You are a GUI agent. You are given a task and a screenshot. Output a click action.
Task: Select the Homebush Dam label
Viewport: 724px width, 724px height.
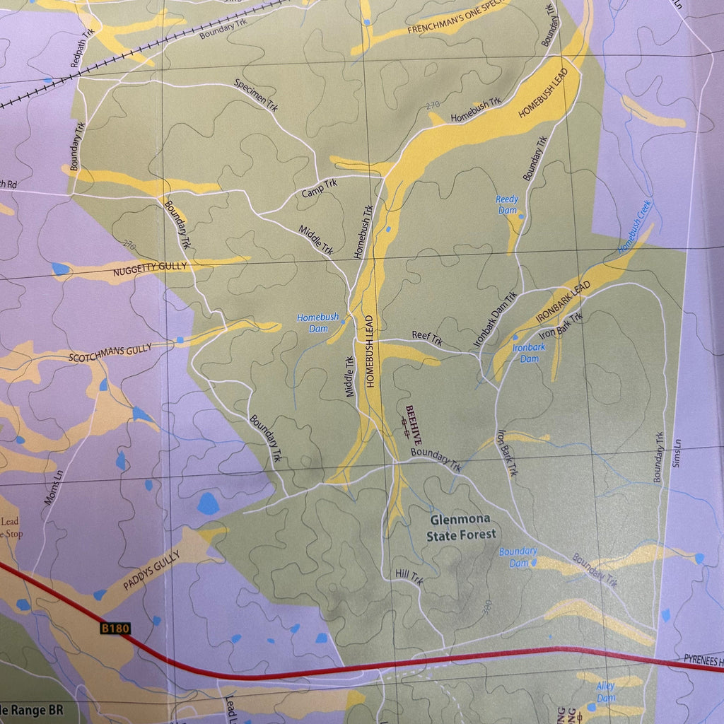point(317,323)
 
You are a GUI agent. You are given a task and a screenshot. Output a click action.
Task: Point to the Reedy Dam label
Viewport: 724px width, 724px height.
point(507,205)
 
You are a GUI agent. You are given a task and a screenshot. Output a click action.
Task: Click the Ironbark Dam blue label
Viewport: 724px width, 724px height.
point(529,353)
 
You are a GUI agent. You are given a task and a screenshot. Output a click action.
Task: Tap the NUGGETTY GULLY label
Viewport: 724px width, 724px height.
point(149,267)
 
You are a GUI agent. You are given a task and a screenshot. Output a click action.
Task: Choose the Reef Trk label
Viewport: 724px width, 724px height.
point(427,340)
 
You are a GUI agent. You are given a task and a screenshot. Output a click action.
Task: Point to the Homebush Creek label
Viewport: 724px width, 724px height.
point(634,228)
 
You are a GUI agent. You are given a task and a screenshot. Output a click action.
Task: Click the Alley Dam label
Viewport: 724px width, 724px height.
point(605,691)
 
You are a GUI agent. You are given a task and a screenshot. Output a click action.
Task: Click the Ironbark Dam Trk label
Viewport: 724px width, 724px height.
point(496,320)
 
